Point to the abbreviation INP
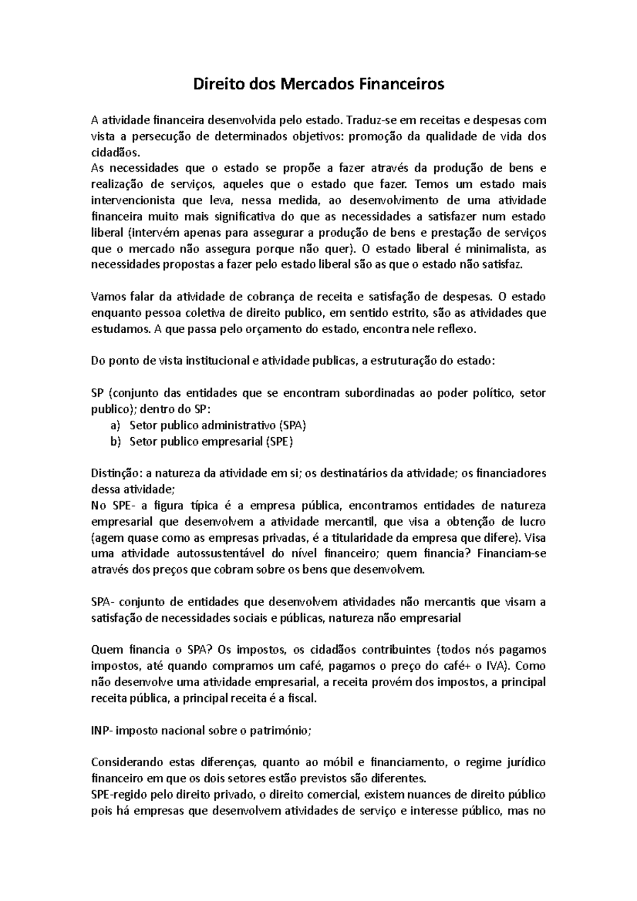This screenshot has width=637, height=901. click(x=100, y=731)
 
